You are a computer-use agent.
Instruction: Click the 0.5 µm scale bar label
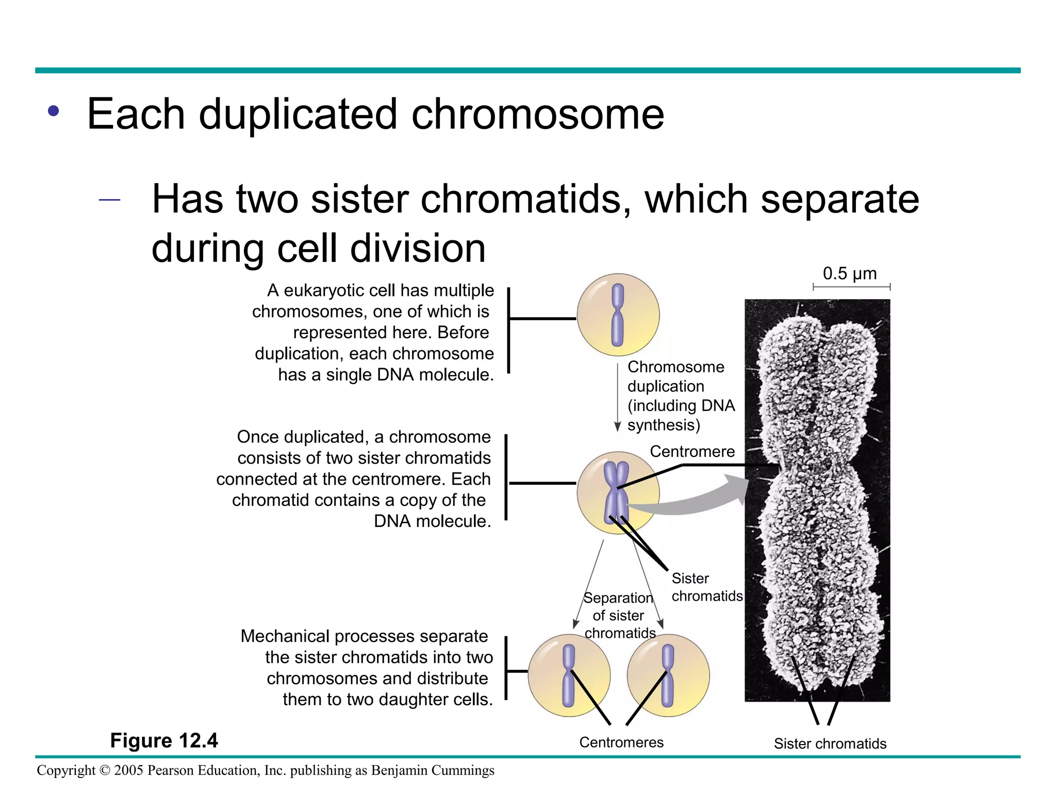(x=849, y=273)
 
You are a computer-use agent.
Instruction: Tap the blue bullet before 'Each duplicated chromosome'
(x=53, y=111)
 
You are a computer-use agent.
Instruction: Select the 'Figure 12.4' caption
(x=164, y=740)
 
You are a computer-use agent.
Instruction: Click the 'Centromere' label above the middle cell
(x=692, y=451)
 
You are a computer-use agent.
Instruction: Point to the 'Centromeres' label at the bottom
(x=621, y=742)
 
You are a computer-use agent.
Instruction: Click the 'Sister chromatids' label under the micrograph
(x=830, y=744)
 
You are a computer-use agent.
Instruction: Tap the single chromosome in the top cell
(x=617, y=315)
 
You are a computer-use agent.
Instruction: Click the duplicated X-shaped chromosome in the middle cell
(x=616, y=492)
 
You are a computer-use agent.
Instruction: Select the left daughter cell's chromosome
(x=568, y=675)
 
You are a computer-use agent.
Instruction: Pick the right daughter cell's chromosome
(x=667, y=675)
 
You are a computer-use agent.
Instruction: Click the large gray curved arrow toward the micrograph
(x=691, y=503)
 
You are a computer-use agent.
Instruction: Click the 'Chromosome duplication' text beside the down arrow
(x=675, y=376)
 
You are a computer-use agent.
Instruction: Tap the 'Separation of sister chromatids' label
(x=618, y=615)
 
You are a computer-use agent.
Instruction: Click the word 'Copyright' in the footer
(x=66, y=770)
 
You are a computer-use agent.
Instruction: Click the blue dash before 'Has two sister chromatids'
(x=109, y=200)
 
